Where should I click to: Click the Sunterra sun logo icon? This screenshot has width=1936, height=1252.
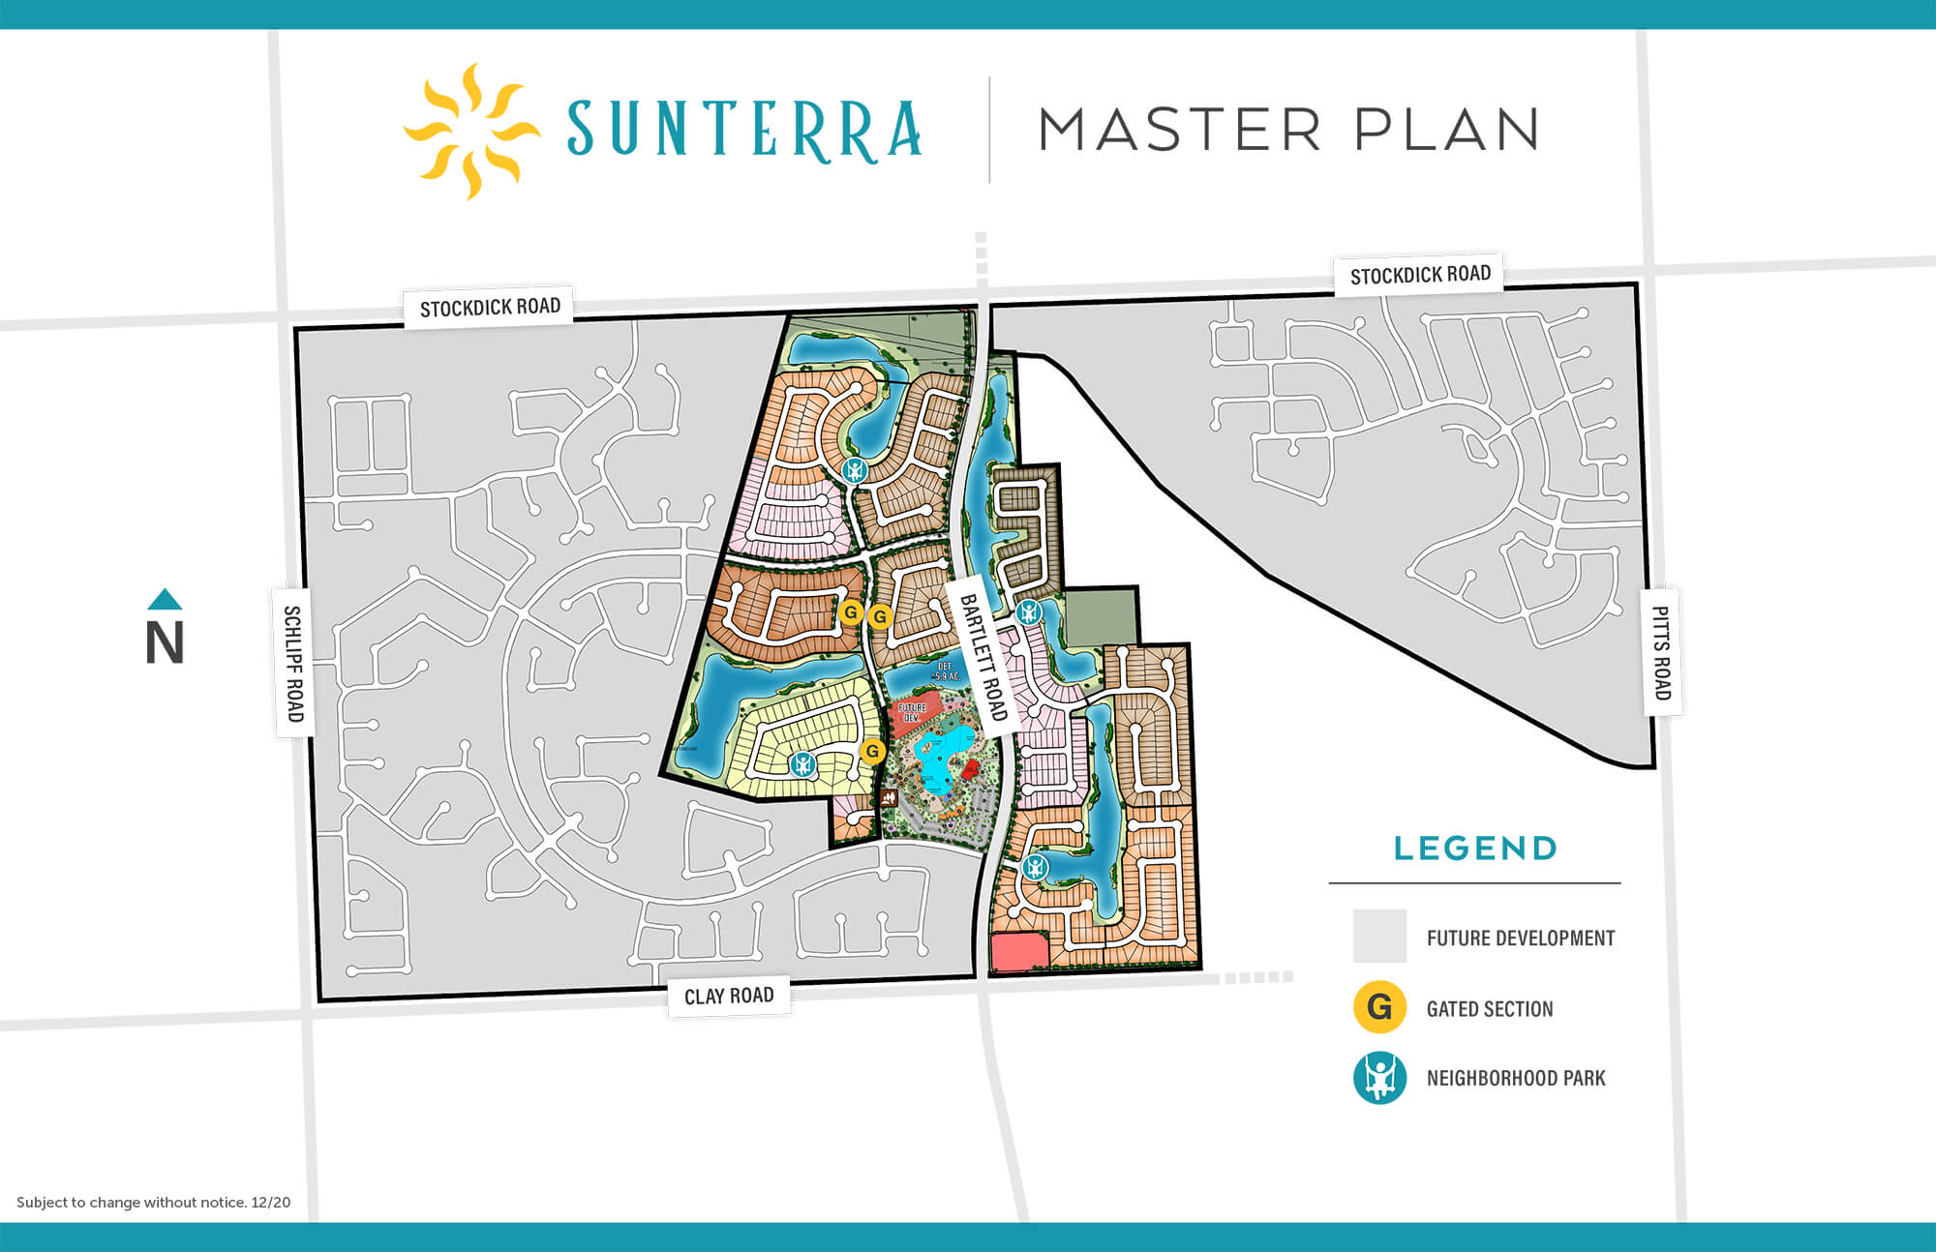(x=470, y=132)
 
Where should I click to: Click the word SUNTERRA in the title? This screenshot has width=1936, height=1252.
(x=743, y=130)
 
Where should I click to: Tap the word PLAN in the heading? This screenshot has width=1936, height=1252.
(x=1446, y=130)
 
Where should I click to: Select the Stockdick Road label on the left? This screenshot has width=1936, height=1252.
(x=490, y=308)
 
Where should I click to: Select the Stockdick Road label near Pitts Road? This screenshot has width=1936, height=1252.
(x=1420, y=275)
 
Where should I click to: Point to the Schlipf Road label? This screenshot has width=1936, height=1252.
(x=293, y=664)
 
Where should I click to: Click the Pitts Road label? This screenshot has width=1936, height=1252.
(x=1661, y=652)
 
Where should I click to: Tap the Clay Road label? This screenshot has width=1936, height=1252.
(x=729, y=996)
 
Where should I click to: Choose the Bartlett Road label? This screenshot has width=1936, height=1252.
(x=983, y=657)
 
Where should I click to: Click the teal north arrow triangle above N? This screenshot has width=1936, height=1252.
(x=165, y=599)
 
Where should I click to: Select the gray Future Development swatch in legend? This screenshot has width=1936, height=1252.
(x=1379, y=936)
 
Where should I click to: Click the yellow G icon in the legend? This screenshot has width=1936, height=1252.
(x=1379, y=1007)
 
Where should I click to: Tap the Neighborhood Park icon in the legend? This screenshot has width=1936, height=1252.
(x=1379, y=1077)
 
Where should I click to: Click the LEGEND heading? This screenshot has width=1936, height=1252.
(x=1474, y=849)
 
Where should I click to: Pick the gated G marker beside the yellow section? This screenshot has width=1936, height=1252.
(x=872, y=751)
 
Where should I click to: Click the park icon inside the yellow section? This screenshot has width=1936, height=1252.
(x=802, y=764)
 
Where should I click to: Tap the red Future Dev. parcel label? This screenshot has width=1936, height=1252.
(x=912, y=713)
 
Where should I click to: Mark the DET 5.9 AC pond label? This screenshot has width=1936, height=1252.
(x=945, y=671)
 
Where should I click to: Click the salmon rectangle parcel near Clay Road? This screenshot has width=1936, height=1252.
(x=1019, y=952)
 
